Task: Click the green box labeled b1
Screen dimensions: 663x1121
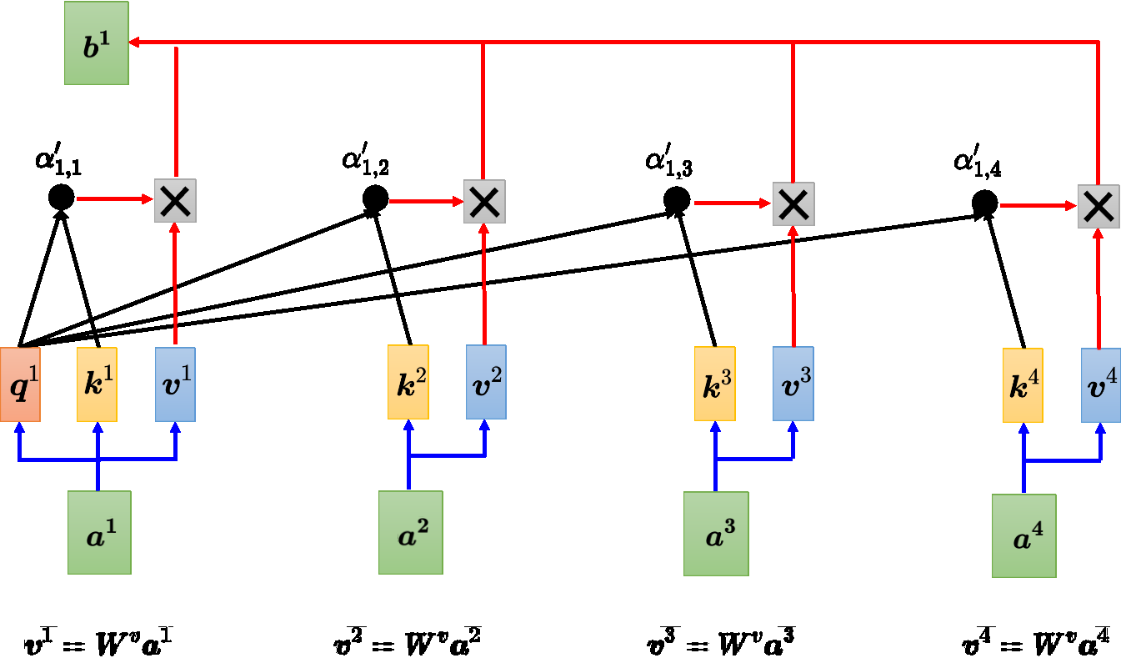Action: [97, 43]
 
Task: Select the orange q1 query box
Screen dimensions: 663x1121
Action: [20, 384]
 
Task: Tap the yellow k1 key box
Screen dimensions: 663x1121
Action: [97, 384]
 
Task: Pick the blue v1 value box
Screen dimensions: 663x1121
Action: [175, 384]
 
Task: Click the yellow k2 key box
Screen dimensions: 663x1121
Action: [408, 382]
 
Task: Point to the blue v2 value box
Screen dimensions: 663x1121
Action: [486, 382]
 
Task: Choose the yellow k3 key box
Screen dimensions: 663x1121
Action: [715, 384]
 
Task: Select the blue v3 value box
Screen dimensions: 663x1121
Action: [793, 384]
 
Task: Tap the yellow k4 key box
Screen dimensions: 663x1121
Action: [1023, 385]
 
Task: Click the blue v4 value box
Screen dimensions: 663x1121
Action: [1101, 385]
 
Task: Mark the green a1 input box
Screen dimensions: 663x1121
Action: [99, 532]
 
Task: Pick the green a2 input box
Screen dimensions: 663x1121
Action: [410, 532]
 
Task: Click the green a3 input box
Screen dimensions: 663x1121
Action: [716, 534]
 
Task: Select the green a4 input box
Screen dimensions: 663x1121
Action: [1023, 535]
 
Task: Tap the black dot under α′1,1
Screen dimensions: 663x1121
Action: [61, 198]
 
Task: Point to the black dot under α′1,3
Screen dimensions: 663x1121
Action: [677, 199]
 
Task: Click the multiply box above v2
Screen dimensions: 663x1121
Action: [484, 202]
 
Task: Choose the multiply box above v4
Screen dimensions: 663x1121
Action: [1098, 207]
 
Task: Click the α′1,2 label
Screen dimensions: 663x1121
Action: [365, 161]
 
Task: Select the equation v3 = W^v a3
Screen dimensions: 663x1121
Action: [721, 644]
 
